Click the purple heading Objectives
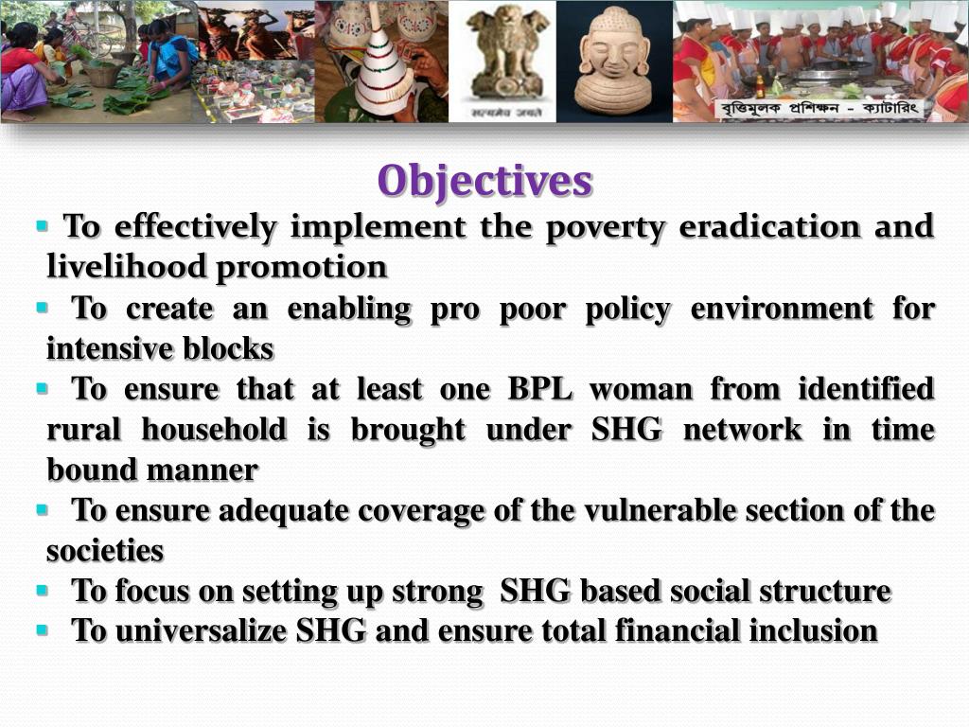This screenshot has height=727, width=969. [x=484, y=181]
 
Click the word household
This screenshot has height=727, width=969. [x=213, y=430]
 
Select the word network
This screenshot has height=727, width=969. [x=742, y=430]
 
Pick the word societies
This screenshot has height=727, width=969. [x=105, y=550]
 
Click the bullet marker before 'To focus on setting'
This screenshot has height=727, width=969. [x=42, y=591]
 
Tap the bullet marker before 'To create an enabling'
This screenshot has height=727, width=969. [x=42, y=308]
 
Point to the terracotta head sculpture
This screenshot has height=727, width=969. [x=612, y=59]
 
